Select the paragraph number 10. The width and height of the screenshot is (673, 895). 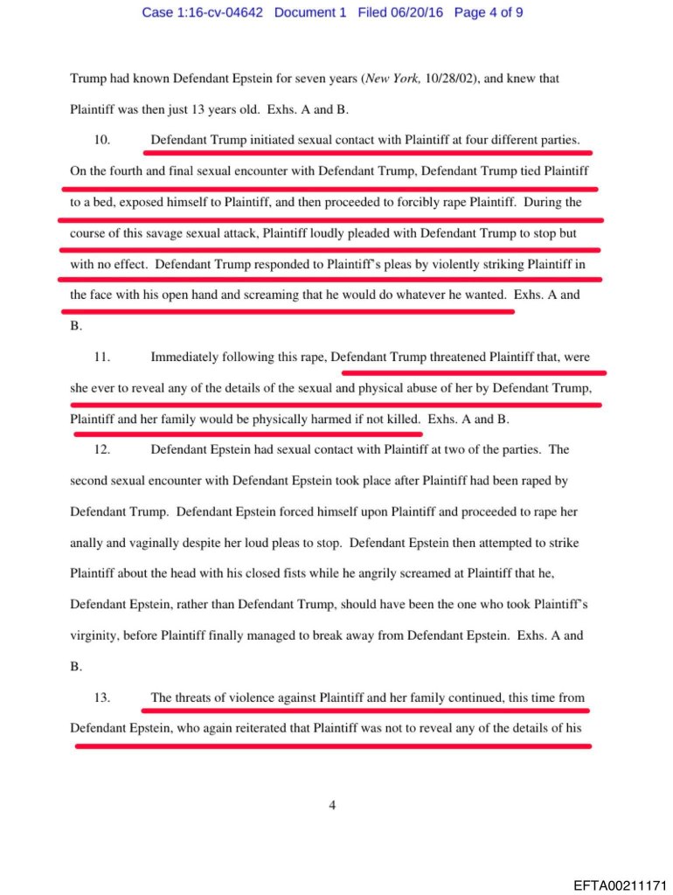point(101,138)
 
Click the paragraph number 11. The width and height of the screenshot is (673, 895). point(101,357)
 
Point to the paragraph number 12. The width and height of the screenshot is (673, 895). point(101,449)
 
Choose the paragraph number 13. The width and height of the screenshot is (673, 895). point(101,697)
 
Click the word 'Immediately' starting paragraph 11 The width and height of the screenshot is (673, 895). point(185,357)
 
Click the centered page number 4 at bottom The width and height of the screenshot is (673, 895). point(332,806)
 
